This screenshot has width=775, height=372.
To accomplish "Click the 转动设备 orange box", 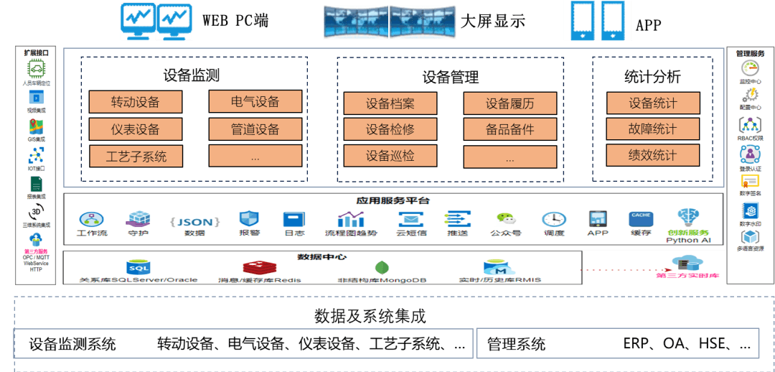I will coord(136,102).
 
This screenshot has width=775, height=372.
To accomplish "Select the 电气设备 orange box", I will coord(255,102).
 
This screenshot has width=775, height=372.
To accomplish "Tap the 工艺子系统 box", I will coord(136,156).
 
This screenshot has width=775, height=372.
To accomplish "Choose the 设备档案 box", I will coord(390,103).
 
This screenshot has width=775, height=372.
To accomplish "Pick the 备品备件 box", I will coord(510,129).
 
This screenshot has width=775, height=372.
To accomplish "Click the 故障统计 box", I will coord(652,129).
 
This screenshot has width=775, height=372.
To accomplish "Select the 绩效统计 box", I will coord(652,155).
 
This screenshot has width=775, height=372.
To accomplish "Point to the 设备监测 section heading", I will coord(191,75).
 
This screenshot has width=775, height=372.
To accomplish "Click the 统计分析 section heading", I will coord(652,77).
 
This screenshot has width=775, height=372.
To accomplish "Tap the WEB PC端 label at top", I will coord(235,21).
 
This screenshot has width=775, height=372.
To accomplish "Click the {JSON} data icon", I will coord(194,221).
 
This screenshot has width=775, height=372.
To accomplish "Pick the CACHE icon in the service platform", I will coord(640,218).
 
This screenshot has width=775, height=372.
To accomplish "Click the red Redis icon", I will coord(259,269).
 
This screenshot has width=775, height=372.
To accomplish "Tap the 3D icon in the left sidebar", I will coord(36,213).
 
